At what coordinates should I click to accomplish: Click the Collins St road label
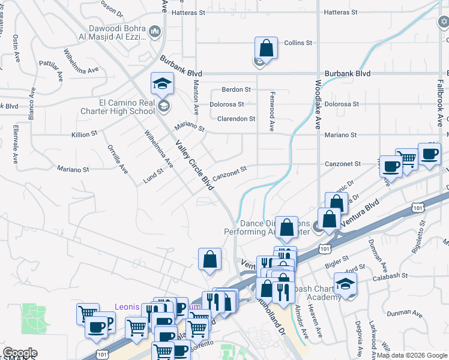[x=298, y=43]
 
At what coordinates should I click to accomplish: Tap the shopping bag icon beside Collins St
[x=266, y=47]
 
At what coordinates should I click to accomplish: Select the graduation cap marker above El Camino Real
[x=161, y=84]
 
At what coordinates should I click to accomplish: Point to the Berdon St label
[x=236, y=89]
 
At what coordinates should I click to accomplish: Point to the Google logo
[x=20, y=353]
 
